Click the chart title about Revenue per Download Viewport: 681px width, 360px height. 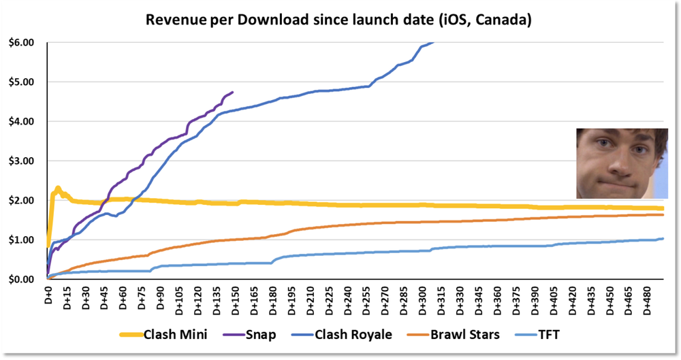pyautogui.click(x=338, y=20)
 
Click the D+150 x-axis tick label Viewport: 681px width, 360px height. pyautogui.click(x=236, y=297)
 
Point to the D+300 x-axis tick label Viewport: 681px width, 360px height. pyautogui.click(x=423, y=297)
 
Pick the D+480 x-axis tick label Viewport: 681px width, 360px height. pyautogui.click(x=648, y=297)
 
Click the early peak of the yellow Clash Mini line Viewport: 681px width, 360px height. pyautogui.click(x=58, y=188)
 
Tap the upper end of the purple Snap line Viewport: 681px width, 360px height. pyautogui.click(x=233, y=92)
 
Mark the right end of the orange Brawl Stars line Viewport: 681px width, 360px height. pyautogui.click(x=663, y=215)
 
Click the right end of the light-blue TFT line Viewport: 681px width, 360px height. pyautogui.click(x=663, y=238)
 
